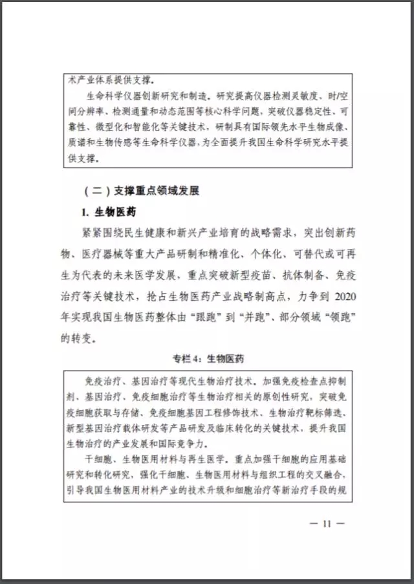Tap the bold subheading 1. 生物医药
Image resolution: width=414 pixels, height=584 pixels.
coord(108,212)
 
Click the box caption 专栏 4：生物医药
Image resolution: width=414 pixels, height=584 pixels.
coord(207,358)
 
